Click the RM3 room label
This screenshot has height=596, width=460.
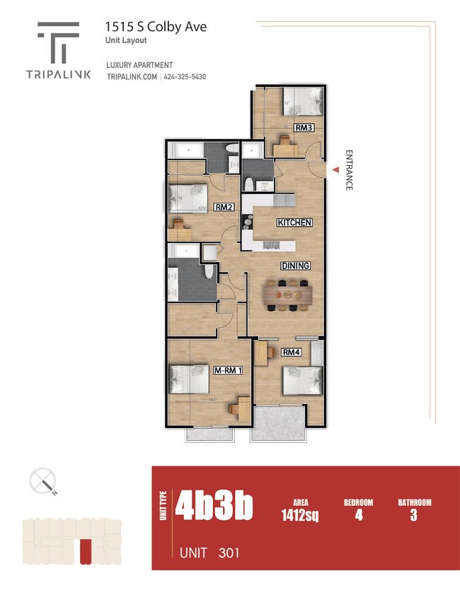(x=304, y=128)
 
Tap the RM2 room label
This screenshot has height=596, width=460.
(x=224, y=208)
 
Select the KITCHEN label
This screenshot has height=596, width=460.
(x=294, y=223)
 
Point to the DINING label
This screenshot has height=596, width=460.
(x=296, y=266)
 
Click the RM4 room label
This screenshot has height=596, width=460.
(x=292, y=352)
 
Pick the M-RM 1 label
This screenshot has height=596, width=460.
(x=229, y=371)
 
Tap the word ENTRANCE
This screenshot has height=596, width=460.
(x=348, y=170)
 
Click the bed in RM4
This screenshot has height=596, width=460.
(x=304, y=381)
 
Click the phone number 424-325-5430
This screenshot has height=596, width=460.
(x=185, y=77)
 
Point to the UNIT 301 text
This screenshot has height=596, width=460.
(x=209, y=552)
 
